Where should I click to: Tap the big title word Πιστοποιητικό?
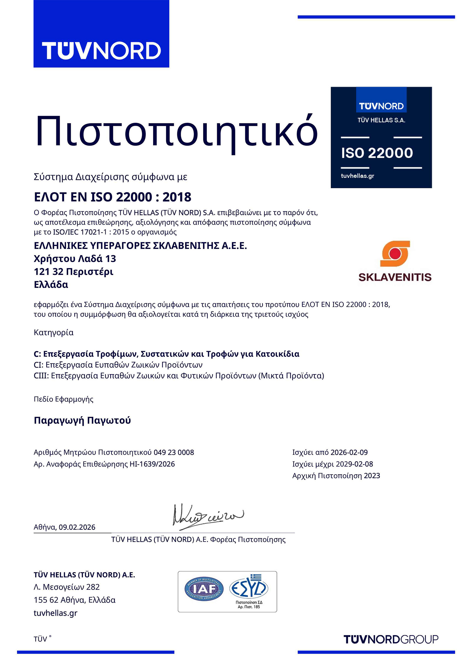[176, 131]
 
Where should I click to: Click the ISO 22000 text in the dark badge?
[377, 153]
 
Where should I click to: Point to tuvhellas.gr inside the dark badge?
[357, 176]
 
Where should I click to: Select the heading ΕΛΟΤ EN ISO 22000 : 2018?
[112, 197]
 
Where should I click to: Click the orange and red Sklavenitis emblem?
[395, 254]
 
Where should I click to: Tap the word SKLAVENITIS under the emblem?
[395, 277]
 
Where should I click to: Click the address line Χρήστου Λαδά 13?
[75, 259]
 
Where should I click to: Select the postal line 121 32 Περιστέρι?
[73, 272]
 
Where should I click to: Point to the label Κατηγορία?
[54, 333]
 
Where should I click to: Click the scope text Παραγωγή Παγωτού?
[82, 420]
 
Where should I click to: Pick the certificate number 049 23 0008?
[174, 452]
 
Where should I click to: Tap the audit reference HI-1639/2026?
[152, 464]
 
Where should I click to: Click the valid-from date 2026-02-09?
[349, 452]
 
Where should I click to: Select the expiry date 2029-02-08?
[354, 464]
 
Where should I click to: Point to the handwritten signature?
[207, 516]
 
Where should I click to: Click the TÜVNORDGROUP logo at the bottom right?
[391, 639]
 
